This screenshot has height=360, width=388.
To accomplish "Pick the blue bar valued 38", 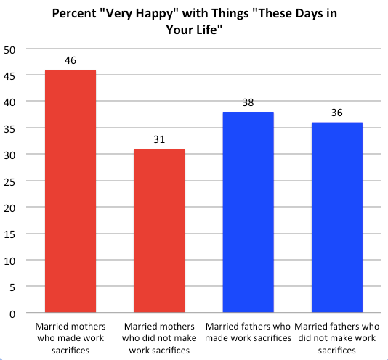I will click(248, 212).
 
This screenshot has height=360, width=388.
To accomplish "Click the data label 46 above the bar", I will click(70, 60).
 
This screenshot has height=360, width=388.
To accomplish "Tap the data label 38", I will click(248, 103).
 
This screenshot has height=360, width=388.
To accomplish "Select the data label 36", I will click(336, 113).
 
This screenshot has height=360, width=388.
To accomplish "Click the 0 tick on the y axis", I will click(12, 313).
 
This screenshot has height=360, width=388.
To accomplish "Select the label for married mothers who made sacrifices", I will click(70, 338).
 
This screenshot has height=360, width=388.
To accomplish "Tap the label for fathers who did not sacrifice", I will click(336, 338).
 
